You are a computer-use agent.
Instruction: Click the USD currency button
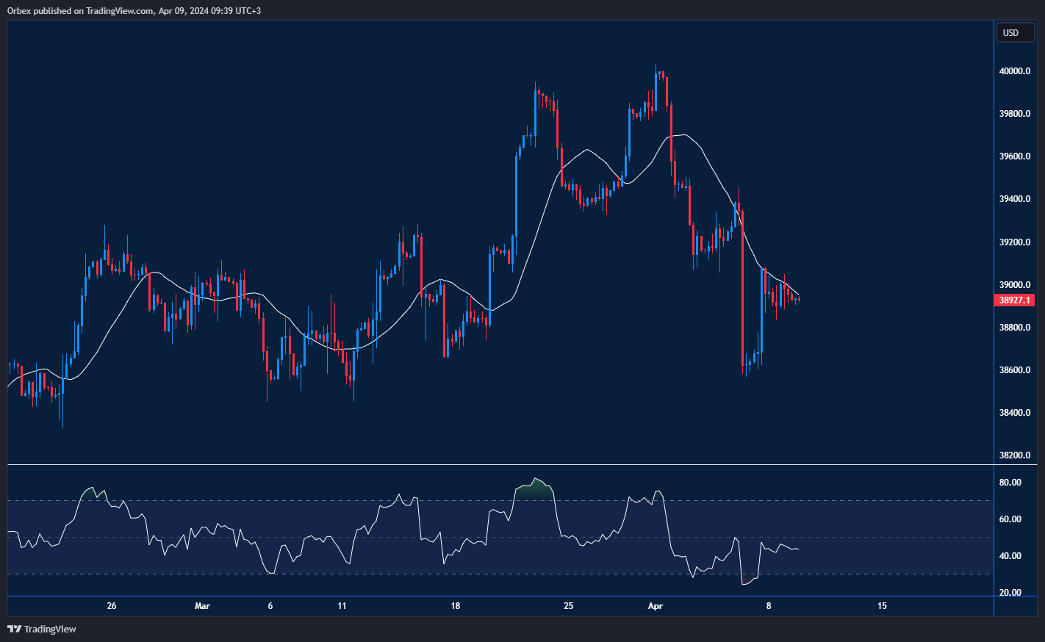coord(1011,32)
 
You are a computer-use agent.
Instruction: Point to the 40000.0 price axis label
coord(1015,71)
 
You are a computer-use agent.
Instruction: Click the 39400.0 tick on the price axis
coord(1015,199)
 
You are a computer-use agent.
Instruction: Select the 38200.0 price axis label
coord(1015,455)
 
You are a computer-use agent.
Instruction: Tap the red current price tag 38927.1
coord(1014,300)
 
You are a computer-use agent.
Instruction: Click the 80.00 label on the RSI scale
coord(1010,483)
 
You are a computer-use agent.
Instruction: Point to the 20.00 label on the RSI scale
coord(1010,593)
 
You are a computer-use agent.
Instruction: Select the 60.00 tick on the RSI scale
coord(1010,519)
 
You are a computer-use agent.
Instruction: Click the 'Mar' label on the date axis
coord(202,606)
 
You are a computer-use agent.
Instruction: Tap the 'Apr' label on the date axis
coord(656,606)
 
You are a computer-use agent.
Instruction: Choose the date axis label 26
coord(112,606)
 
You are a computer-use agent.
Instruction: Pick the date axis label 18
coord(456,606)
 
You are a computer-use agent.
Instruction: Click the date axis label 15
coord(882,606)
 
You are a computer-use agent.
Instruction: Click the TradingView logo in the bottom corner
coord(42,629)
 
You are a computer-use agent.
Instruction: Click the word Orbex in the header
coord(19,11)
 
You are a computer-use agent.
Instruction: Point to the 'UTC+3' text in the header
coord(248,11)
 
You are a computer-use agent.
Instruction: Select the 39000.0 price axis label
coord(1015,285)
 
